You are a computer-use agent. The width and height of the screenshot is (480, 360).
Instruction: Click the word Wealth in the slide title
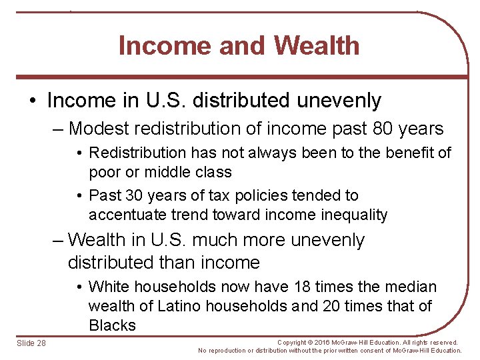coord(316,46)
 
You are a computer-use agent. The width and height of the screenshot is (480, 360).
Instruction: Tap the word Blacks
coord(112,326)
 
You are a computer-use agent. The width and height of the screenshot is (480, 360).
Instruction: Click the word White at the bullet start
coord(109,287)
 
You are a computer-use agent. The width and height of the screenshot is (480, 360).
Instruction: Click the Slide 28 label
coord(31,343)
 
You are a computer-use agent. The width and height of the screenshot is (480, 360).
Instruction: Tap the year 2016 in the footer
coord(329,343)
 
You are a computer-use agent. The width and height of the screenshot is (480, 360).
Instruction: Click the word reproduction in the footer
coord(231,351)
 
